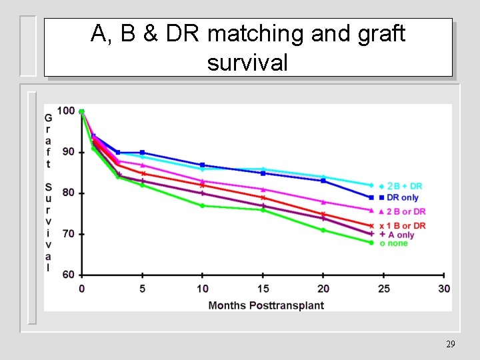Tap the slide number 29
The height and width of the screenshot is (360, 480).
(450, 344)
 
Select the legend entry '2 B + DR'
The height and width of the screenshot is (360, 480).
(404, 186)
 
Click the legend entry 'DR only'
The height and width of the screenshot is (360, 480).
(402, 197)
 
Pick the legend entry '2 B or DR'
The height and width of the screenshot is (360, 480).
(405, 211)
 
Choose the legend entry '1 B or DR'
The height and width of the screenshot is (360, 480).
(405, 226)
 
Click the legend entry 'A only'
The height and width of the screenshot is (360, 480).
(400, 235)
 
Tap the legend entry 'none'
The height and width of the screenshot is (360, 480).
(397, 243)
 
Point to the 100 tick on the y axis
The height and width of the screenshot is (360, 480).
(66, 111)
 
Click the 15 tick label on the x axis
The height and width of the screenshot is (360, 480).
(263, 289)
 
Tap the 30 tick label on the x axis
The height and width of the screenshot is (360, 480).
(444, 289)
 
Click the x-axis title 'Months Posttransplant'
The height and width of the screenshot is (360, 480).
(266, 305)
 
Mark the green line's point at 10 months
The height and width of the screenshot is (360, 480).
(203, 205)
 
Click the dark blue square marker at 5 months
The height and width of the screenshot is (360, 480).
(142, 153)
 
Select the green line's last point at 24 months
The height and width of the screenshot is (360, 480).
(371, 242)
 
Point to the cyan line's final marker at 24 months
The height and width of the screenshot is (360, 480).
(371, 185)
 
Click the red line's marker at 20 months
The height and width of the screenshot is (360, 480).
(323, 214)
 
